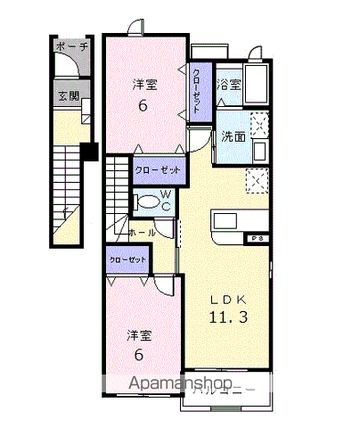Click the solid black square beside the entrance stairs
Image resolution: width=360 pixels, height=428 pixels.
pyautogui.click(x=88, y=152)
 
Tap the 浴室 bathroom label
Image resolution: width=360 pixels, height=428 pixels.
pyautogui.click(x=229, y=85)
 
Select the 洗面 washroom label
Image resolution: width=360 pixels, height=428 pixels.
pyautogui.click(x=233, y=137)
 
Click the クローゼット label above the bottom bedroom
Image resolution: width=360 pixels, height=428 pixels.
pyautogui.click(x=126, y=259)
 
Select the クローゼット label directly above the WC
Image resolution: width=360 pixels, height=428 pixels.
pyautogui.click(x=158, y=169)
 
